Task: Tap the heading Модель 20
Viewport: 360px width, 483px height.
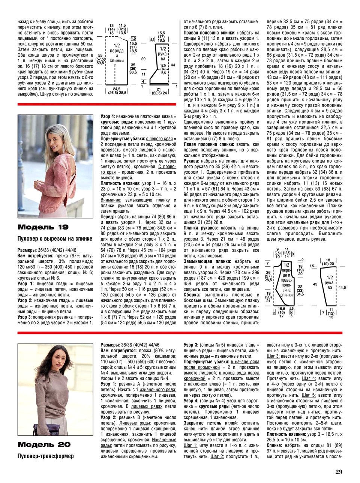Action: (43, 445)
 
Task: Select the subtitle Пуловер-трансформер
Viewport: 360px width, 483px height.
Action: (45, 456)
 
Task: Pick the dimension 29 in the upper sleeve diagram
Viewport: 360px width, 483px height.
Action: (143, 59)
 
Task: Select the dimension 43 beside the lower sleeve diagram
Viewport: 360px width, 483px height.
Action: (315, 284)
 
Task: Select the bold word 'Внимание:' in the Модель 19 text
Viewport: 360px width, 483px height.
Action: (111, 200)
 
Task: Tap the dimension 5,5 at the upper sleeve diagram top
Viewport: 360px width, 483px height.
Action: (152, 39)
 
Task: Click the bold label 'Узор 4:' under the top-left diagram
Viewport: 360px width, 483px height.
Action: (108, 117)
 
